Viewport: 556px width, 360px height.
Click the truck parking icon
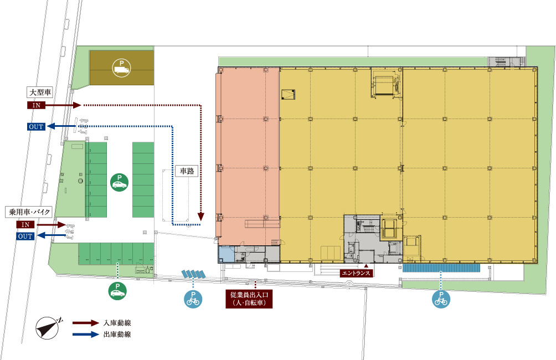pyautogui.click(x=121, y=68)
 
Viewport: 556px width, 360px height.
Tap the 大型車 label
pyautogui.click(x=40, y=92)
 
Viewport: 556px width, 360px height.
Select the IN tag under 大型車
pyautogui.click(x=36, y=105)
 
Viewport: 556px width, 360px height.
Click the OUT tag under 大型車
pyautogui.click(x=36, y=126)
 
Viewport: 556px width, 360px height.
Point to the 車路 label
pyautogui.click(x=187, y=171)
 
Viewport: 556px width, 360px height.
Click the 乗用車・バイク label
pyautogui.click(x=29, y=212)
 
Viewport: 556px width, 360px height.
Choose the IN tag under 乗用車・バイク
pyautogui.click(x=25, y=225)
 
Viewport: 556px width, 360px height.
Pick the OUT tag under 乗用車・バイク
pyautogui.click(x=25, y=236)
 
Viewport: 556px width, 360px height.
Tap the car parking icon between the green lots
pyautogui.click(x=119, y=182)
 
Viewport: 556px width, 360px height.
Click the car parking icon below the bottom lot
pyautogui.click(x=117, y=291)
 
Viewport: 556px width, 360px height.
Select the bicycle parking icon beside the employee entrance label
pyautogui.click(x=193, y=299)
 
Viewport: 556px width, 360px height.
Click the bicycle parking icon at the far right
pyautogui.click(x=441, y=299)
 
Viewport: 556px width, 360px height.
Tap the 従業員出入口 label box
pyautogui.click(x=249, y=299)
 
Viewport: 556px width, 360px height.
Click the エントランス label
pyautogui.click(x=356, y=273)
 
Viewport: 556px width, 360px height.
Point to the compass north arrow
pyautogui.click(x=48, y=328)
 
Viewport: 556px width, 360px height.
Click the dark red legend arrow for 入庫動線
pyautogui.click(x=86, y=323)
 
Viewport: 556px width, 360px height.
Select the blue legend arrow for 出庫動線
pyautogui.click(x=86, y=335)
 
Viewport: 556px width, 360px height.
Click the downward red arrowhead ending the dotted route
pyautogui.click(x=201, y=217)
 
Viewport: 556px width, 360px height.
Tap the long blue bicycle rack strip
pyautogui.click(x=441, y=268)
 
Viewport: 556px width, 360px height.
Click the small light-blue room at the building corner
pyautogui.click(x=226, y=254)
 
